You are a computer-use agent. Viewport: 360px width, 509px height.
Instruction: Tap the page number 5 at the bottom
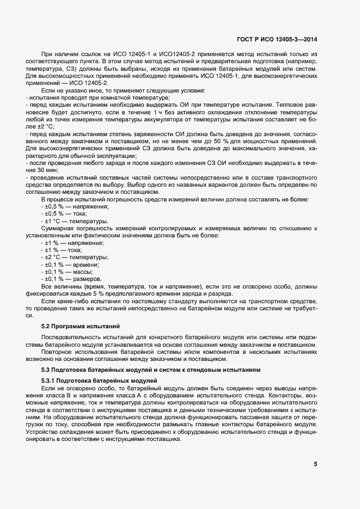click(x=315, y=464)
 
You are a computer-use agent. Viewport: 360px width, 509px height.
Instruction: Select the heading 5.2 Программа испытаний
click(x=80, y=326)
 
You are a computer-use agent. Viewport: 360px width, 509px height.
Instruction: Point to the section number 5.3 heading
click(x=47, y=369)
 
